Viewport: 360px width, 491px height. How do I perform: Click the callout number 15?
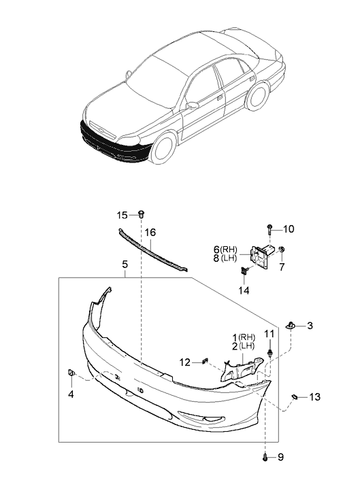[122, 215]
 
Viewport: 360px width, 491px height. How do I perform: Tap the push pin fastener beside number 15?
[142, 214]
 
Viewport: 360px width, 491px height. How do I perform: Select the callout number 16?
[150, 233]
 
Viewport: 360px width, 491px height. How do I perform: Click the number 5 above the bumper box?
[125, 265]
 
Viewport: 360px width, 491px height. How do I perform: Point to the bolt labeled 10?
[269, 229]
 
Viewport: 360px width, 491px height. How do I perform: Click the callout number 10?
[289, 229]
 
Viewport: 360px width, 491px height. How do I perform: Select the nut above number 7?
[282, 250]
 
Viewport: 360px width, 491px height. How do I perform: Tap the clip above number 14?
[244, 269]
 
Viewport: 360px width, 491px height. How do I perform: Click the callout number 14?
[244, 290]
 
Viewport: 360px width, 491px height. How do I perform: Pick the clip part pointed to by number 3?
[291, 326]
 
